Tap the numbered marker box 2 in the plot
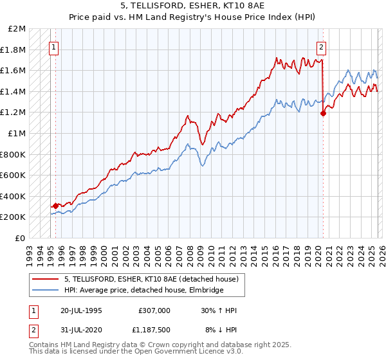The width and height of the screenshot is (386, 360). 321,46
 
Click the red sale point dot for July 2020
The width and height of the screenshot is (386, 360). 323,114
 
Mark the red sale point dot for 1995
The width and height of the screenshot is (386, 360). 56,206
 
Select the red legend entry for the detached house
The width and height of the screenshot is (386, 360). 151,279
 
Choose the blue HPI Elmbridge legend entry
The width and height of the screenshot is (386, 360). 143,291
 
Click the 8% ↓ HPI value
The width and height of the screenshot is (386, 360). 220,331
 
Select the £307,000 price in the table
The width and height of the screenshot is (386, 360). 154,310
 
